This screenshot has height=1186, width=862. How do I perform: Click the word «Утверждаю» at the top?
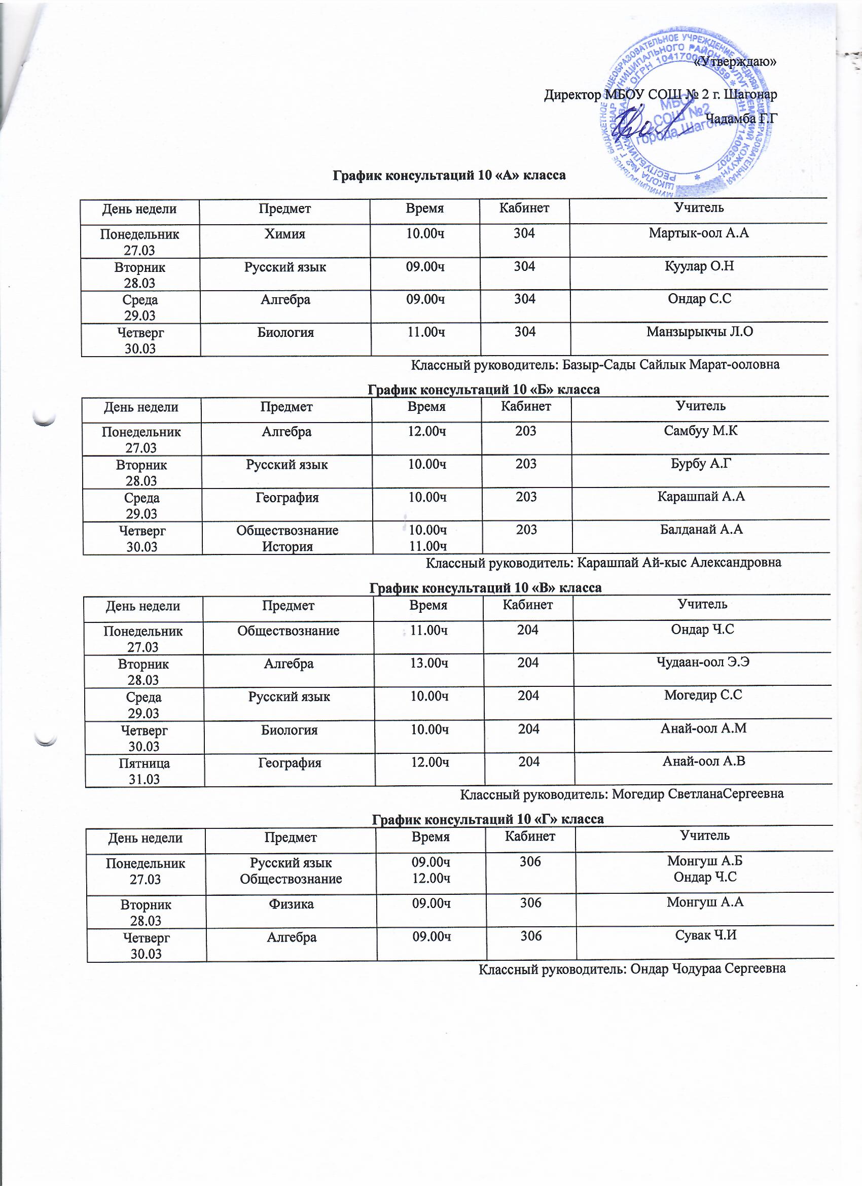[x=734, y=62]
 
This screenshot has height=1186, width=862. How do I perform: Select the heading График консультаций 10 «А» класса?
[x=449, y=175]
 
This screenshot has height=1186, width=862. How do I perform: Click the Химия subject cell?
[x=284, y=234]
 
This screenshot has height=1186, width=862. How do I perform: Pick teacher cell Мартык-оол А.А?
[x=698, y=233]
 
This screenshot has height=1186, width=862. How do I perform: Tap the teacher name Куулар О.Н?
[x=699, y=266]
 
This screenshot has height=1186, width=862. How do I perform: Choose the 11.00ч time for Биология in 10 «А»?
[x=426, y=332]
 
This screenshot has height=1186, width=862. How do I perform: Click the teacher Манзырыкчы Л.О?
[x=699, y=332]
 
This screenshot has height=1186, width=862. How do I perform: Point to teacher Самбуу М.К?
[x=700, y=431]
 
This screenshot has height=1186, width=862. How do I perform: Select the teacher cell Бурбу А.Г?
[x=700, y=464]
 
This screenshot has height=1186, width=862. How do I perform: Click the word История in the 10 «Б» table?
[x=287, y=546]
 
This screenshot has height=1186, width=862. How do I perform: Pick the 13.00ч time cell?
[x=429, y=663]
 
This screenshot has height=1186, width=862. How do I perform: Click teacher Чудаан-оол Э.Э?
[x=703, y=662]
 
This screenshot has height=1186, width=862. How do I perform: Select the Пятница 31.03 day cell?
[x=145, y=771]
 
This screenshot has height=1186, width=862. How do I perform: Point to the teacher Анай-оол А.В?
[x=704, y=761]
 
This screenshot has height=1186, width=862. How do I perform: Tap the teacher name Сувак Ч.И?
[x=706, y=935]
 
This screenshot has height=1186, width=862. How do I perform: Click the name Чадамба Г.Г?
[x=741, y=119]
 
